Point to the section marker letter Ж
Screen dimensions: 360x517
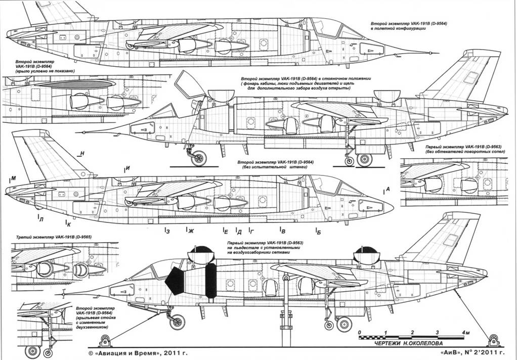(x=191, y=231)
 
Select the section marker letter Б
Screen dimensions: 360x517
(x=318, y=231)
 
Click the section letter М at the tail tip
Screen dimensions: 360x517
(x=13, y=178)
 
